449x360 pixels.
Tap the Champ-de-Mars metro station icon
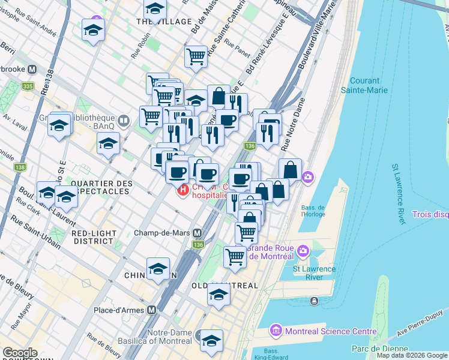[197, 233]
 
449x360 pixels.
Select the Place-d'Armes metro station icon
[152, 310]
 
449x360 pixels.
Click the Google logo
[19, 353]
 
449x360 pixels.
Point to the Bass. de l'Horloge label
[313, 211]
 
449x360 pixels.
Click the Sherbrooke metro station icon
[32, 69]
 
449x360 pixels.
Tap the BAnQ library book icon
[124, 121]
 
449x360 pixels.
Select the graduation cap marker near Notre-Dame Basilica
[211, 341]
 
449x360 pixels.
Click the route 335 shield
[28, 86]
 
